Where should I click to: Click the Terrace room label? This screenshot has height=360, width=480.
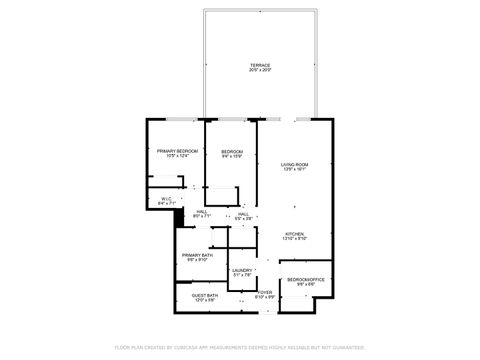pos(260,65)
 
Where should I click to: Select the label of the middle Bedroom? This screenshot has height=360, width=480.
pos(232,150)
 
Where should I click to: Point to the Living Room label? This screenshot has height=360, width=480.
pos(293,164)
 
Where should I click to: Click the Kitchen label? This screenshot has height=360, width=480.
pos(293,234)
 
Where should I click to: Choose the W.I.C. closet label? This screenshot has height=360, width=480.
pos(166,197)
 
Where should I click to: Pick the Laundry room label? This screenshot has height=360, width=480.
pos(241,270)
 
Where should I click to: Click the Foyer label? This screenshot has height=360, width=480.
pos(265,292)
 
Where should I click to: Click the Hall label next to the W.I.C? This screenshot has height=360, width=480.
pos(202,211)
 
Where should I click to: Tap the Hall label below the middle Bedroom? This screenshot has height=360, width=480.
pos(243,214)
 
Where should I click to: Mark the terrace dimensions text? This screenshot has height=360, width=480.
pos(260,70)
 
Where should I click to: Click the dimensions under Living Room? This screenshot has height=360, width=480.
pos(293,169)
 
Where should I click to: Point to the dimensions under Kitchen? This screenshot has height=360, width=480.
pos(293,239)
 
